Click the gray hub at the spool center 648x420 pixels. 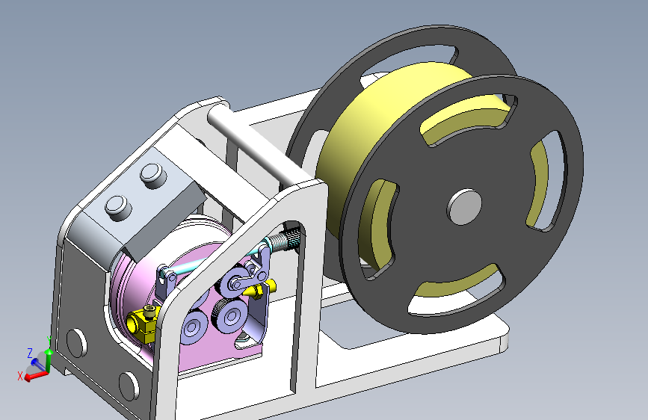(x=464, y=207)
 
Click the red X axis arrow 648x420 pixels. (x=37, y=376)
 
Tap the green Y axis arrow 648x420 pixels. (x=49, y=360)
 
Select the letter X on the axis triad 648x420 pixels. (x=20, y=376)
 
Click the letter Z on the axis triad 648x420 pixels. (x=30, y=353)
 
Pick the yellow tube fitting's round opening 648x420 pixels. (x=132, y=324)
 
